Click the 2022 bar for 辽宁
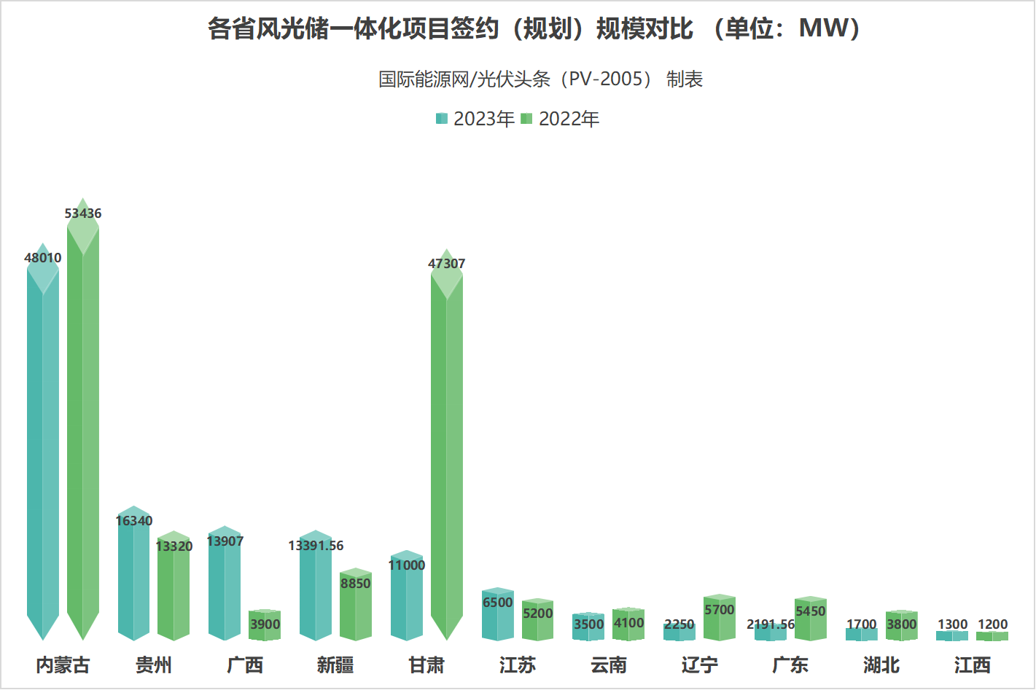pos(720,623)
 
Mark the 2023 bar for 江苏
pos(498,619)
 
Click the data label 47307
pos(446,264)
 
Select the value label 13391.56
pos(316,546)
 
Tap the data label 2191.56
pos(771,624)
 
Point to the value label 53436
pos(83,213)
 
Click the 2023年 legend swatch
pos(441,119)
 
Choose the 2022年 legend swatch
pos(526,119)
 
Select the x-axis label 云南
pos(609,664)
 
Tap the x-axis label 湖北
pos(881,664)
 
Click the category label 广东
pos(790,664)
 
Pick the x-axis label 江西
pos(972,664)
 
